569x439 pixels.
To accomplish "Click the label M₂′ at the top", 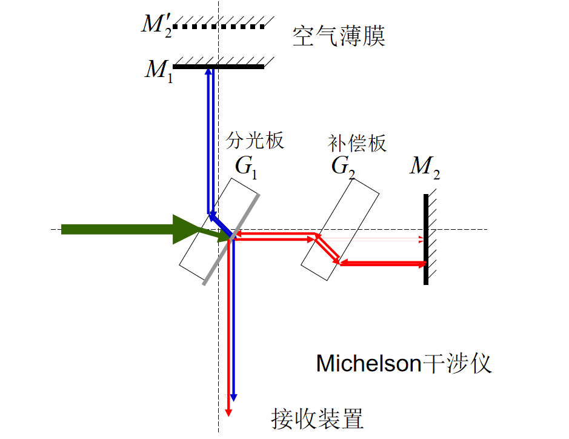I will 156,25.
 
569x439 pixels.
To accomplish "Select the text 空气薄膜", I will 339,36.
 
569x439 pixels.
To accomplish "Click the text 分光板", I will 255,141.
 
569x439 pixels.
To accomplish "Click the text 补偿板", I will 357,144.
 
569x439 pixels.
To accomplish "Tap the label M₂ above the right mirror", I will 424,166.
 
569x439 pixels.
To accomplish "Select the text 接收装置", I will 317,418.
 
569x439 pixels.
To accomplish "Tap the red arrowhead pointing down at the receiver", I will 228,411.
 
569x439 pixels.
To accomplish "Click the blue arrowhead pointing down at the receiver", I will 234,397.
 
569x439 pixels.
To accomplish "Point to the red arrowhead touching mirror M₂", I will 422,263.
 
